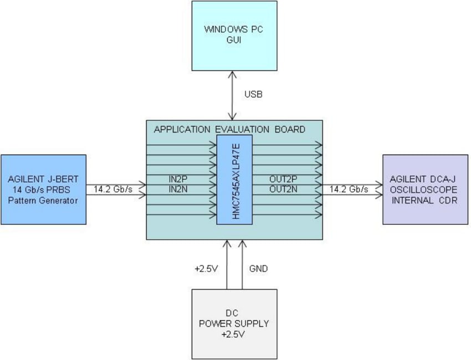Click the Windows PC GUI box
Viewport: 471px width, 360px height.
click(234, 35)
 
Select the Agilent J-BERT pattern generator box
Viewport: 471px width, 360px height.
click(44, 189)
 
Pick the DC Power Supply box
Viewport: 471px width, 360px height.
click(234, 323)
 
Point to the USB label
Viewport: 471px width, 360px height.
click(254, 95)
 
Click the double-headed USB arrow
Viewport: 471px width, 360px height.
click(234, 95)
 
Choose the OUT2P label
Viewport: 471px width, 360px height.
click(284, 179)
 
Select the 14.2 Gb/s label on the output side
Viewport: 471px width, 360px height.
click(349, 189)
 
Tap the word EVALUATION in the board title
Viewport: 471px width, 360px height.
click(242, 130)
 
